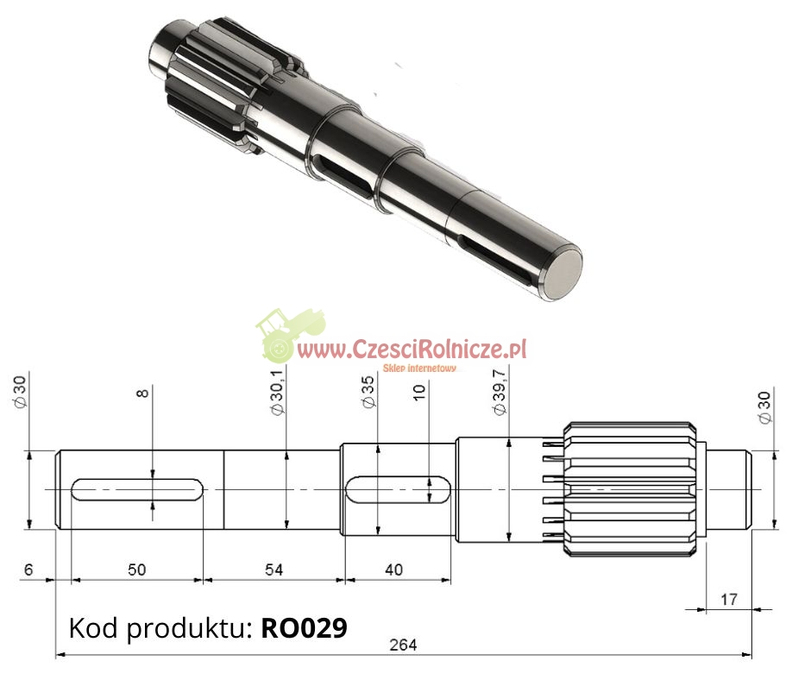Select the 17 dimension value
point(729,599)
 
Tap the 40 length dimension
point(393,570)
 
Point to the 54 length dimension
point(273,570)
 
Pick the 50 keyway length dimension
point(136,570)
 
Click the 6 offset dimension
point(28,570)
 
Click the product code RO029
point(304,627)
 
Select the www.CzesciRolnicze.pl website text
point(412,349)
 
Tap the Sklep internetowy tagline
point(425,368)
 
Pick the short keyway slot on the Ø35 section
point(397,490)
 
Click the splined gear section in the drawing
point(631,488)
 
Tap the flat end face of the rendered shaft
point(562,272)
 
